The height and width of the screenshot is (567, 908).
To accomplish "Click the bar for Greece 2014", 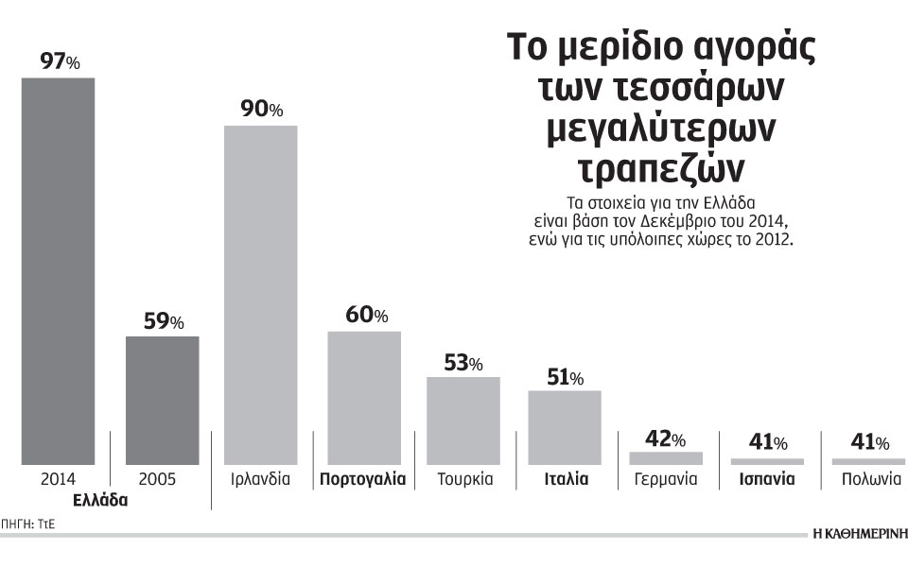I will point(58,269).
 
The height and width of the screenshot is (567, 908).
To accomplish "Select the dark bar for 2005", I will point(163,399).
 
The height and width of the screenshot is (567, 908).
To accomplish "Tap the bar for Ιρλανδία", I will point(260,294).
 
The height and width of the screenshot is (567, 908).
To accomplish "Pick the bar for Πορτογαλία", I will point(363,397).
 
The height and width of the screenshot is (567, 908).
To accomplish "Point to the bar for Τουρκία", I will point(463,420).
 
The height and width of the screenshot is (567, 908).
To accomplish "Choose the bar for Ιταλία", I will point(565,426).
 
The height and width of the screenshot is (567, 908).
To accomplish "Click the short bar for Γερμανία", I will point(666,457).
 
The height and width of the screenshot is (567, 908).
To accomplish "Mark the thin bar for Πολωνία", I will point(868,460).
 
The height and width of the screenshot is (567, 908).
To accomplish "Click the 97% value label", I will point(60,61).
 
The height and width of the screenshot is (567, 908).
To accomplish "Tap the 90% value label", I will point(262,110).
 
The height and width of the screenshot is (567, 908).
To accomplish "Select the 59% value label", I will point(163,321).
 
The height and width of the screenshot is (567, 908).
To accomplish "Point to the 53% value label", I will point(463,363).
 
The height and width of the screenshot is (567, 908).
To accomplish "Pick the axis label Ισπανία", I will point(767,479).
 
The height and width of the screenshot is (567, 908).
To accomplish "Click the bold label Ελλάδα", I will point(99,502).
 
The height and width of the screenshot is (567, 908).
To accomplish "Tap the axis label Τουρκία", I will point(464,479).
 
